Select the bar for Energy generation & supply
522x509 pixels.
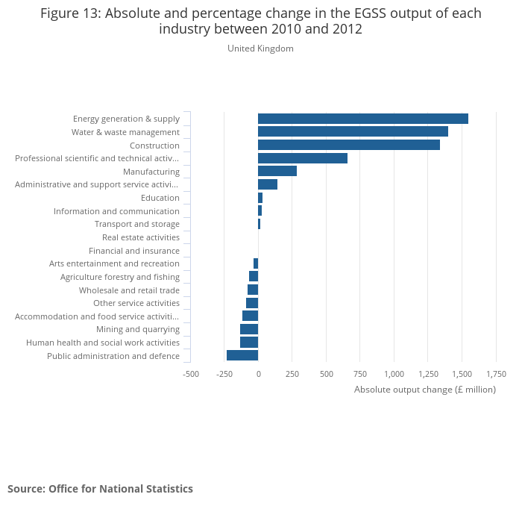click(x=363, y=119)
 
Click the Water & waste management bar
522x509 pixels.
click(x=353, y=132)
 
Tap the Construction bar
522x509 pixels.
click(x=349, y=145)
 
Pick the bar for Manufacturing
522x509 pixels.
click(x=277, y=172)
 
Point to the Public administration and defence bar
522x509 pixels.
click(x=242, y=355)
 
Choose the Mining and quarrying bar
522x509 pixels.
click(x=249, y=329)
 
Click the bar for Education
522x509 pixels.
click(x=260, y=198)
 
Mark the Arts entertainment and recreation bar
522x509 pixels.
click(x=256, y=263)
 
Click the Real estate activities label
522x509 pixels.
click(x=141, y=237)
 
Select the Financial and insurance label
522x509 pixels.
click(x=134, y=251)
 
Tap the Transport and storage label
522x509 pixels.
click(x=137, y=224)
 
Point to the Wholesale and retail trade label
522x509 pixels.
click(x=129, y=290)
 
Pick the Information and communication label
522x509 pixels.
click(x=116, y=211)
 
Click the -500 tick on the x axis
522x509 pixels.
click(x=191, y=374)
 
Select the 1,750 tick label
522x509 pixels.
click(x=496, y=374)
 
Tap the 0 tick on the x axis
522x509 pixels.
click(x=259, y=374)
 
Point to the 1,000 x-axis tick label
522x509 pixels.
click(x=394, y=374)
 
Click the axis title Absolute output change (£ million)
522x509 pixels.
click(x=424, y=390)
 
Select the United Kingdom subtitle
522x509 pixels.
click(x=260, y=49)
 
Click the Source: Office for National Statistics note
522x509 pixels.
click(x=100, y=489)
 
